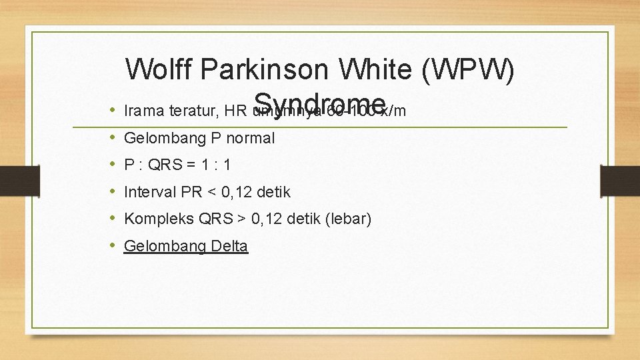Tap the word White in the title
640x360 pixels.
pos(376,69)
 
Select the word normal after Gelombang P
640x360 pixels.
pos(250,138)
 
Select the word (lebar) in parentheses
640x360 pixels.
pos(348,219)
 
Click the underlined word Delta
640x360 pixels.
pos(229,246)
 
